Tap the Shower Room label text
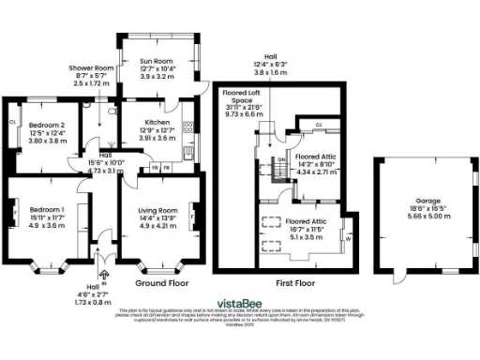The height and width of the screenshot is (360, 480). (90, 68)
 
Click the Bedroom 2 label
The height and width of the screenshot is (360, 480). (46, 125)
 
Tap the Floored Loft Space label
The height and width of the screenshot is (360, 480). (242, 97)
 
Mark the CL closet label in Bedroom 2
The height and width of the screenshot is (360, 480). (12, 122)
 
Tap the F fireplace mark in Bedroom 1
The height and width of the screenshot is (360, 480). (10, 215)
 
